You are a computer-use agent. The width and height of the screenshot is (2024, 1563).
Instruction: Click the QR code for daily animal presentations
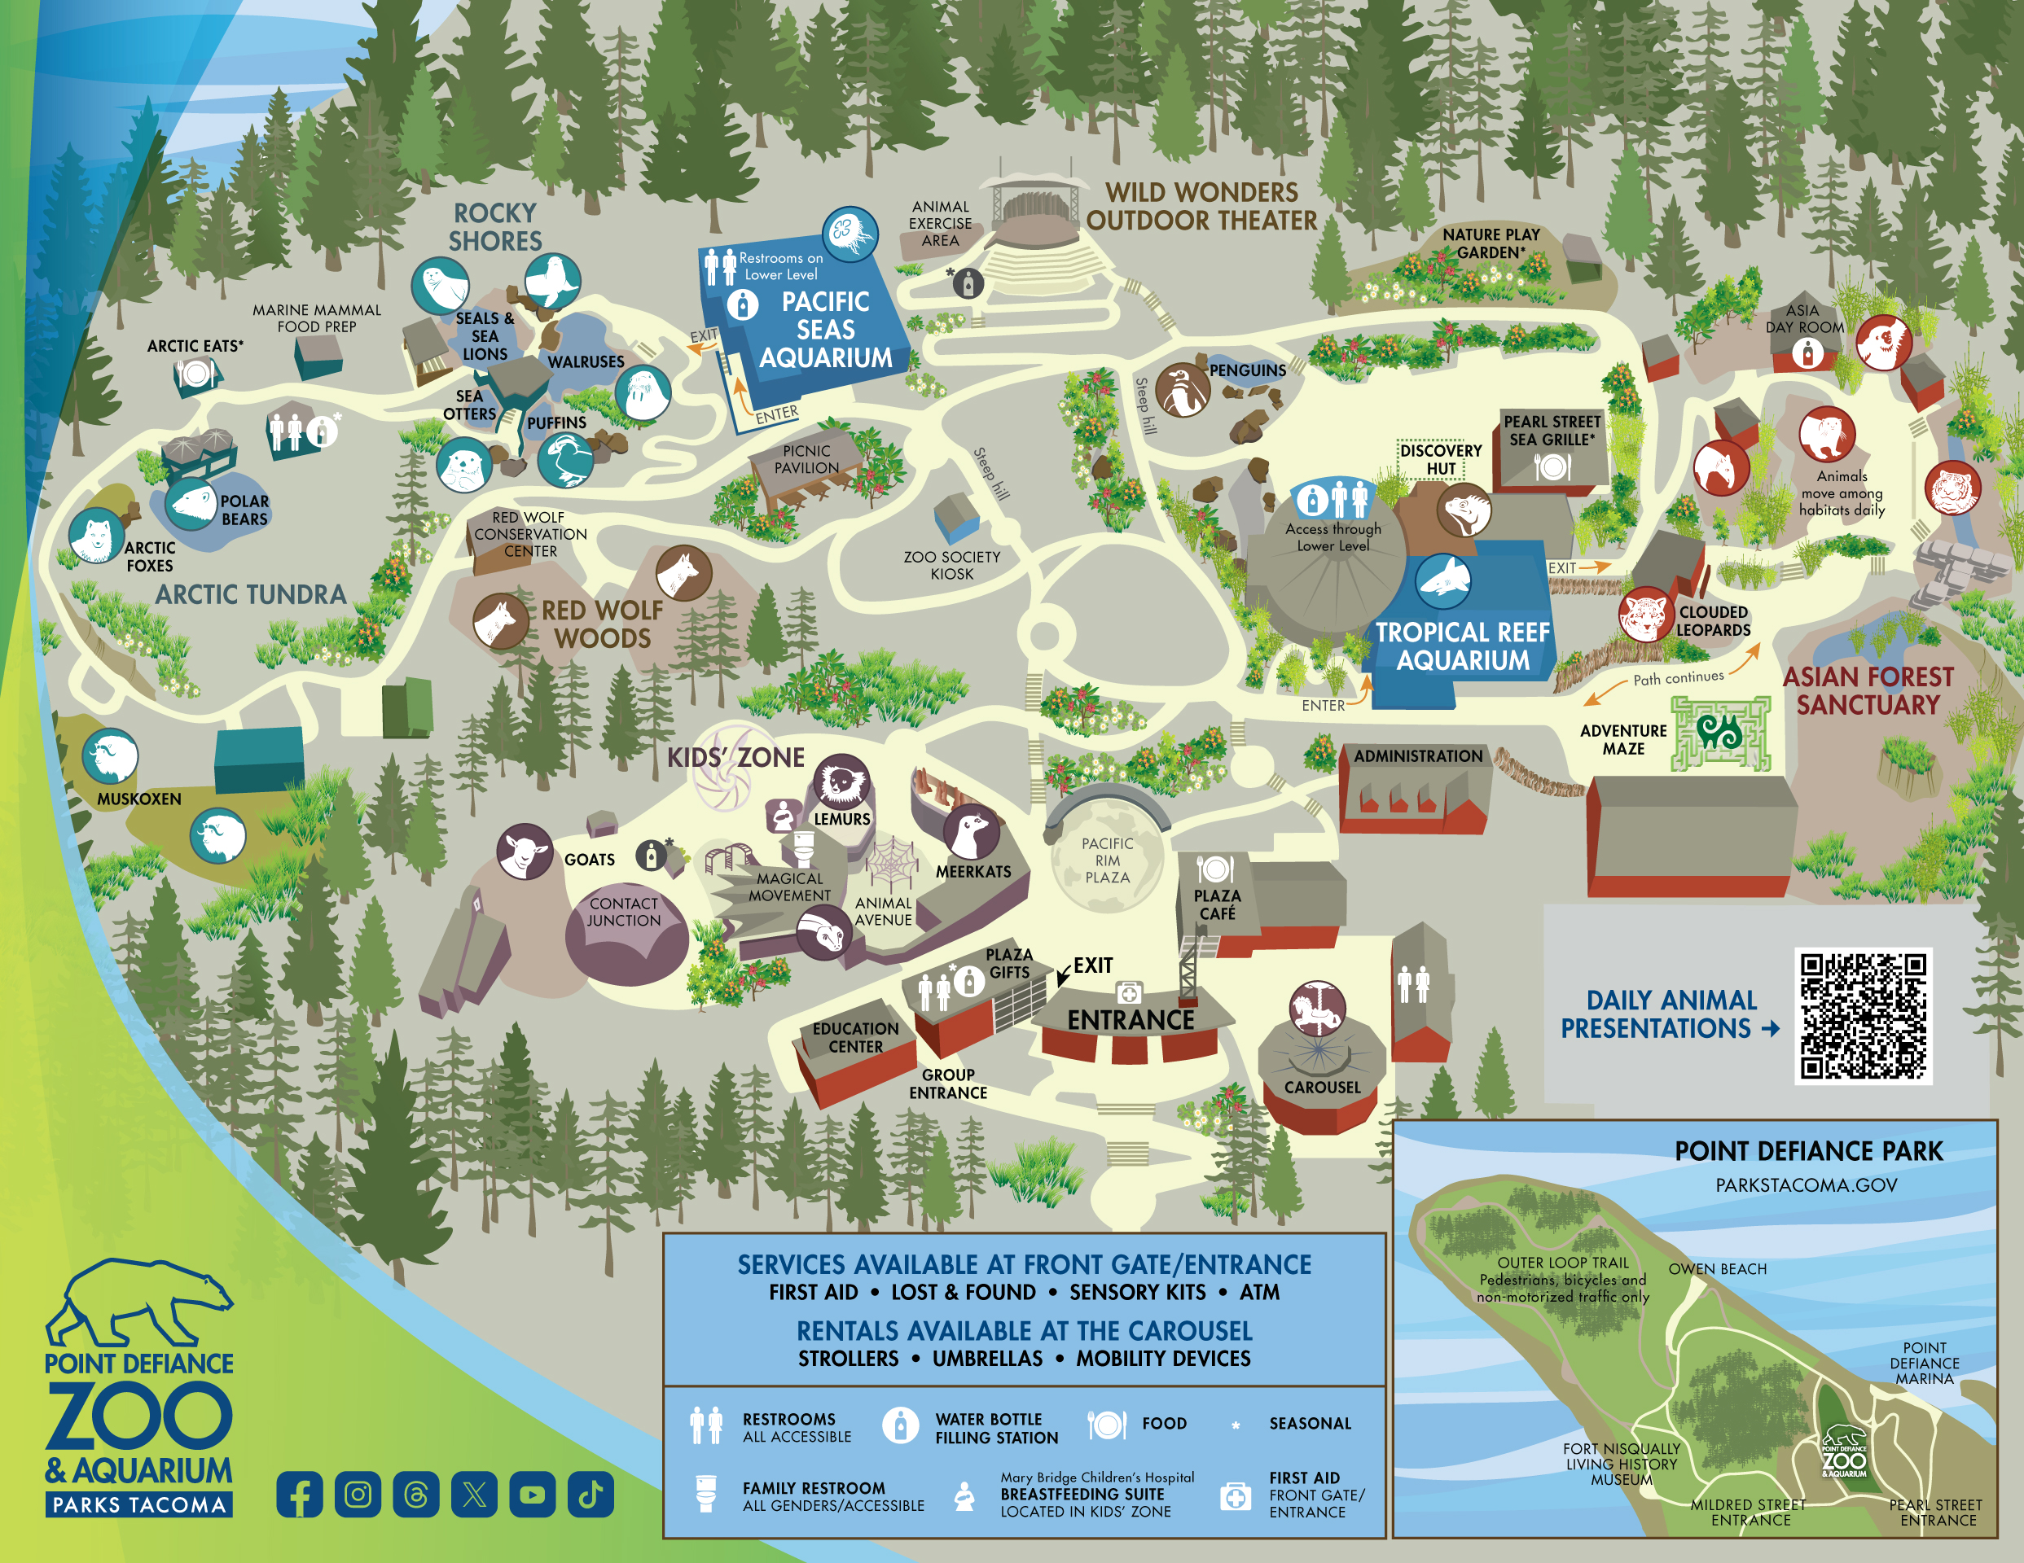pos(1863,1015)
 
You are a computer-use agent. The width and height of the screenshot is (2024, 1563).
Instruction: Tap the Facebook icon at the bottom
pos(300,1494)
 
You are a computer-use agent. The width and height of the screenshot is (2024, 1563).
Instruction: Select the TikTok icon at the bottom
pos(591,1494)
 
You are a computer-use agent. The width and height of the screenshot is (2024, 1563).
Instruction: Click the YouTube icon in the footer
pos(532,1494)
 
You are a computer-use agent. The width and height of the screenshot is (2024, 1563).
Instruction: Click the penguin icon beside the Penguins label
pos(1182,390)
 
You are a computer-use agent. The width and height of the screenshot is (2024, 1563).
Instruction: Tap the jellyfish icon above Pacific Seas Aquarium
pos(849,234)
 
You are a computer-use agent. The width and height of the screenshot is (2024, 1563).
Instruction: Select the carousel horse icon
pos(1317,1008)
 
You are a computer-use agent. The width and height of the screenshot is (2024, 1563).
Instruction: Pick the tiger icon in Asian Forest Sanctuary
pos(1952,488)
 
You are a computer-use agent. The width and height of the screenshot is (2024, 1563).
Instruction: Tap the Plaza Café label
pos(1217,904)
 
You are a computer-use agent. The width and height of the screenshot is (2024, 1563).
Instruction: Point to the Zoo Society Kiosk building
pos(955,519)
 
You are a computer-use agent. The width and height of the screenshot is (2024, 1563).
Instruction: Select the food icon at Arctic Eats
pos(195,374)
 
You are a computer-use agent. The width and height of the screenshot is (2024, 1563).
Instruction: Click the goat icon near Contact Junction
pos(525,852)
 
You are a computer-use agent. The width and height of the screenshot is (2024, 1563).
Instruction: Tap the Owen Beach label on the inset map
pos(1717,1268)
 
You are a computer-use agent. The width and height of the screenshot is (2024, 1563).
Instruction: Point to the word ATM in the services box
pos(1258,1292)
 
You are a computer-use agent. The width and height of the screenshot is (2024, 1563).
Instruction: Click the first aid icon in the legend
pos(1235,1495)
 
